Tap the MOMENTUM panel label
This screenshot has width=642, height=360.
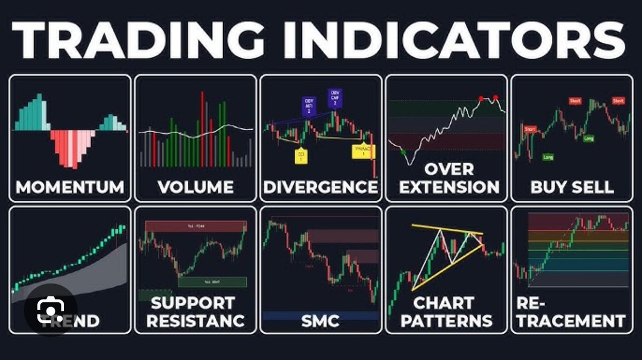click(x=70, y=187)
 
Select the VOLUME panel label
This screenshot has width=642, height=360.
click(x=195, y=187)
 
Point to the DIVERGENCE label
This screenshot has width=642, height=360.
click(x=320, y=187)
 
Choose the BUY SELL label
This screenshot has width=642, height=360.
click(x=571, y=187)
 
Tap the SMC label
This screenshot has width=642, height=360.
click(x=320, y=320)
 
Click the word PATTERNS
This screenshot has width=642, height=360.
click(x=446, y=320)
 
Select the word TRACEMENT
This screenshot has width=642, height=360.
click(x=571, y=320)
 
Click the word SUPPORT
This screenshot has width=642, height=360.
click(x=192, y=303)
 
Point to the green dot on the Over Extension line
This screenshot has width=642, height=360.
click(x=403, y=152)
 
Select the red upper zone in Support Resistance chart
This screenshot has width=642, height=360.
click(x=196, y=226)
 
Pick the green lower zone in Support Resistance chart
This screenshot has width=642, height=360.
click(x=212, y=281)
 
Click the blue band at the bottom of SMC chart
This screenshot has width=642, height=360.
click(x=320, y=316)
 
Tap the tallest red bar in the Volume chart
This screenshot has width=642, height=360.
click(x=202, y=128)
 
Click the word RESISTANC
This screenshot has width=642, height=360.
click(x=195, y=320)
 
